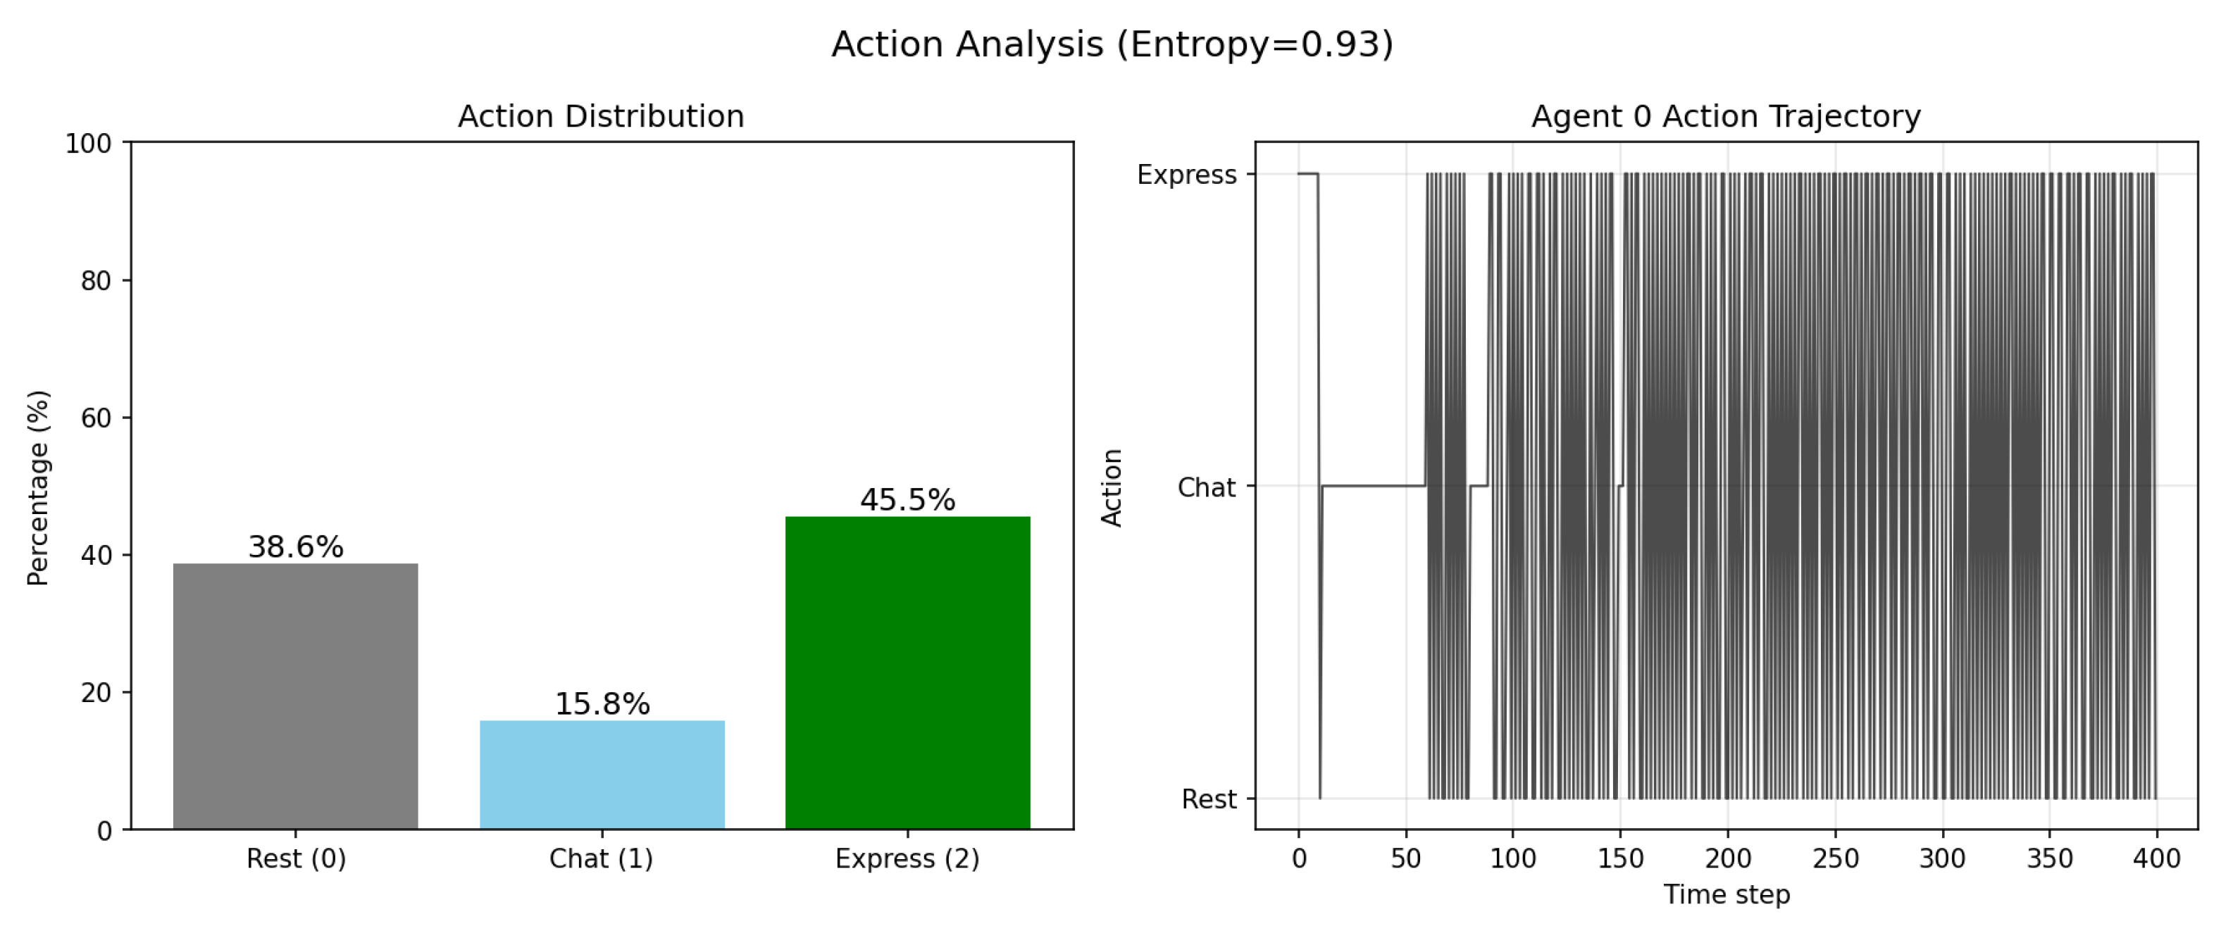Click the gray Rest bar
[295, 696]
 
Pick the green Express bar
[907, 672]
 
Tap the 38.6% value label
[296, 546]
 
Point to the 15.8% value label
[602, 703]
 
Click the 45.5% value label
[907, 499]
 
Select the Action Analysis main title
[1112, 44]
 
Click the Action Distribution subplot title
[601, 116]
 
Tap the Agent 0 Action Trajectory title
[1725, 116]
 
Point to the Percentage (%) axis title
[38, 487]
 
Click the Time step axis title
[1726, 894]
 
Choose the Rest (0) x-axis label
[296, 858]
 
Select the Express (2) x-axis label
[907, 858]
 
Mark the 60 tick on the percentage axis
[96, 418]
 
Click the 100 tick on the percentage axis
[89, 144]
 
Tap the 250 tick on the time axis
[1835, 858]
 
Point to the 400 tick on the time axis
[2156, 858]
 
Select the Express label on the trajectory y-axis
[1186, 175]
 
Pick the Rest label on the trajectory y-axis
[1209, 799]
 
